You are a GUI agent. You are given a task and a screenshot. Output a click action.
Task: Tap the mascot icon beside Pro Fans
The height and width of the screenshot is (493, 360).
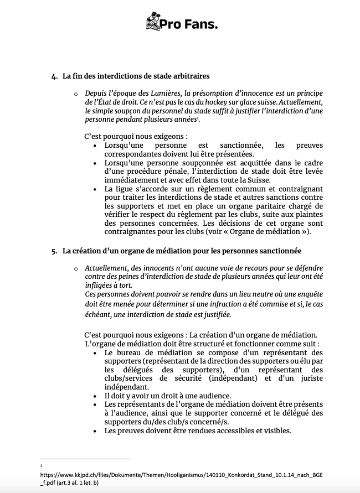point(152,22)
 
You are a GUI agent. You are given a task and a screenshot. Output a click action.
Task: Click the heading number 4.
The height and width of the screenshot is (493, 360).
point(54,75)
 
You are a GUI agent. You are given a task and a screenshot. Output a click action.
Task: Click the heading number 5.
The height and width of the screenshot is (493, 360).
point(54,251)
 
